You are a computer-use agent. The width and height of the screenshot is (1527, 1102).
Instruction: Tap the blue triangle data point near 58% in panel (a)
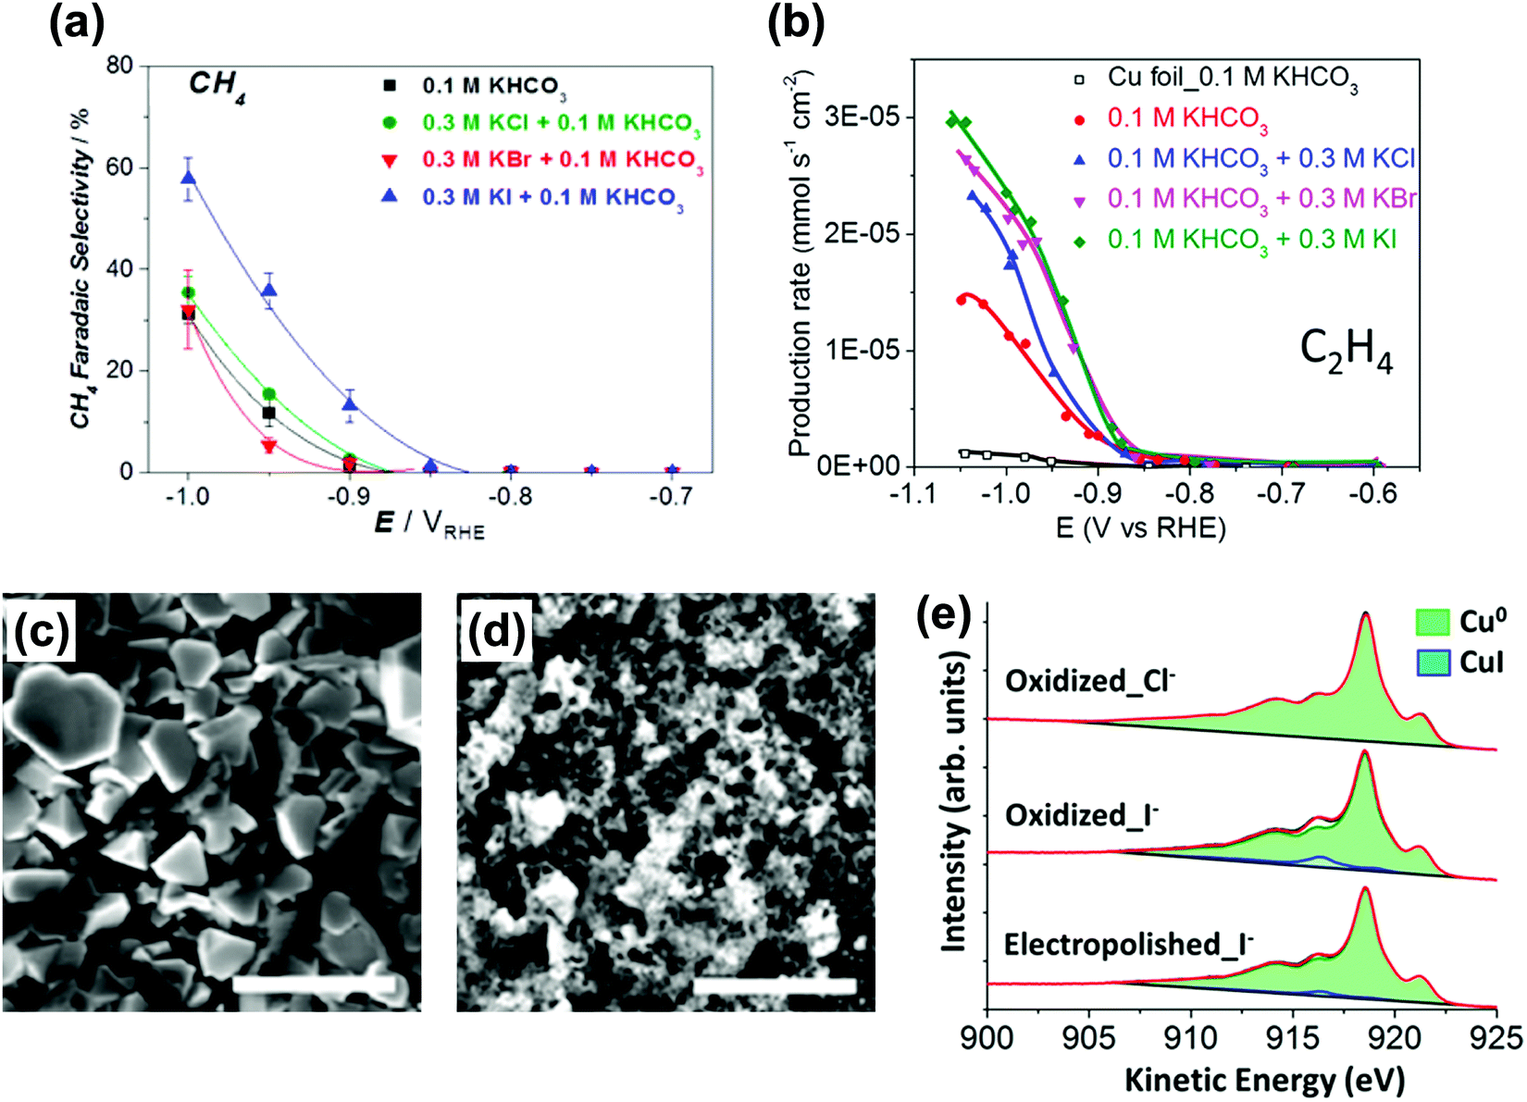pos(188,178)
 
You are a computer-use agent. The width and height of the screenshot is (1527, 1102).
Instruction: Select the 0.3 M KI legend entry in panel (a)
pos(552,197)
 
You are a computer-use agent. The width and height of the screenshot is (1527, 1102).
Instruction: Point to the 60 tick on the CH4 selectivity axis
pos(119,167)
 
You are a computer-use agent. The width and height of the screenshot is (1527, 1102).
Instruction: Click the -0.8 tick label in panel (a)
pos(510,497)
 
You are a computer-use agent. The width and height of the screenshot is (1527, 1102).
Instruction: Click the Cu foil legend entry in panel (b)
pos(1232,79)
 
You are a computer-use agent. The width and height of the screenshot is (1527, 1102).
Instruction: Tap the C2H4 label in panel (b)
pos(1346,352)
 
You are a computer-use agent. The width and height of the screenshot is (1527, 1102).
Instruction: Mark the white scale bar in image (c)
pos(316,984)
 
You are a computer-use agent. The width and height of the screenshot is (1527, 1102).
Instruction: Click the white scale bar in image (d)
pos(774,985)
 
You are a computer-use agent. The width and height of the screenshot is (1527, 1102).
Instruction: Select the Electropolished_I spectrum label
pos(1128,944)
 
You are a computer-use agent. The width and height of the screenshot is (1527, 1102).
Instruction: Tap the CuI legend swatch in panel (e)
pos(1432,662)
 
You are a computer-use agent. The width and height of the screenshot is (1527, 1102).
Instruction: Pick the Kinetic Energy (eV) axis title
pos(1264,1079)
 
